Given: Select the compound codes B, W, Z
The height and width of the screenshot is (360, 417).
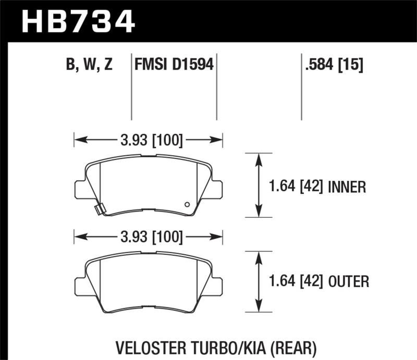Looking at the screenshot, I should (90, 65).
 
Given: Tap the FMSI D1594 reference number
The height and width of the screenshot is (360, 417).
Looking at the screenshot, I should (174, 65).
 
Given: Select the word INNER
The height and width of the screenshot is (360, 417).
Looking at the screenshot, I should (348, 186).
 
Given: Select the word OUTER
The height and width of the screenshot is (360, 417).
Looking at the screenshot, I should (349, 282).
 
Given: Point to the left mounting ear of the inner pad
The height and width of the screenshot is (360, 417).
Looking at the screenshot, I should (80, 188).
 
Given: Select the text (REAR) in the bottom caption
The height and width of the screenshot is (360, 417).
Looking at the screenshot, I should (293, 346).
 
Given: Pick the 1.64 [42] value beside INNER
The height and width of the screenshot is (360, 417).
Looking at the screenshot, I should (295, 186).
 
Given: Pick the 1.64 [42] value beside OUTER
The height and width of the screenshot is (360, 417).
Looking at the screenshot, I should (295, 282).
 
